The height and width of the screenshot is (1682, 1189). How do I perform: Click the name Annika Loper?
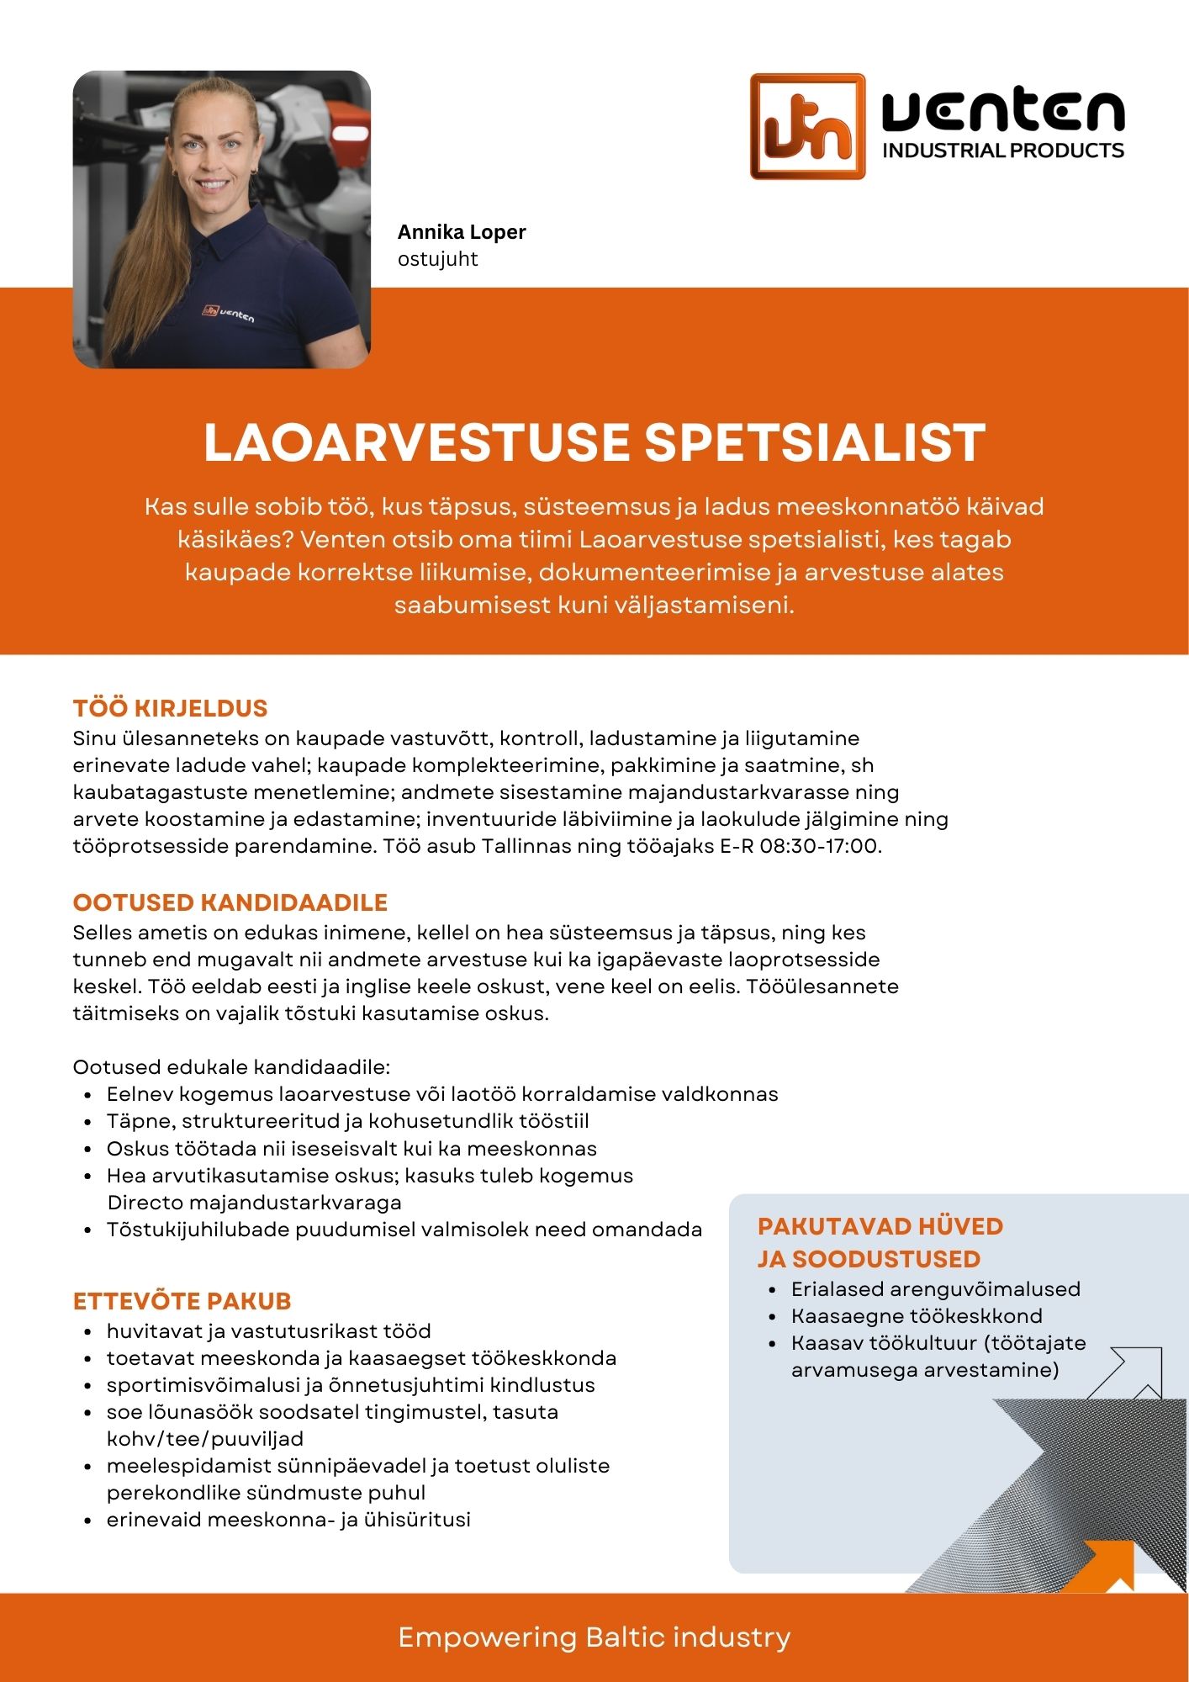click(x=462, y=232)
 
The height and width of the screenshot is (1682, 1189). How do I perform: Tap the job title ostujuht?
click(x=437, y=259)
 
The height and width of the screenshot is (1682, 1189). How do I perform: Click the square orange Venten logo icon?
click(x=807, y=126)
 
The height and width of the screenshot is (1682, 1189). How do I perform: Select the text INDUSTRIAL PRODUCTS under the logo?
click(x=1002, y=151)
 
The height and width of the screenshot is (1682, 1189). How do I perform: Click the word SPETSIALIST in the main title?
click(x=815, y=443)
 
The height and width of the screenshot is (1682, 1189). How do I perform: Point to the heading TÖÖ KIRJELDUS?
click(x=170, y=708)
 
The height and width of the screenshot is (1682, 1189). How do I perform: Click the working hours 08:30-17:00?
click(x=819, y=846)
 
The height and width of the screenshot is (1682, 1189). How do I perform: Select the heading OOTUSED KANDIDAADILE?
click(x=230, y=902)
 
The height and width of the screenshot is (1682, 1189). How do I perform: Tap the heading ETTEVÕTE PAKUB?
click(x=182, y=1301)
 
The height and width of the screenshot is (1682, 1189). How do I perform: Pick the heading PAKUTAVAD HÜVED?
click(x=880, y=1226)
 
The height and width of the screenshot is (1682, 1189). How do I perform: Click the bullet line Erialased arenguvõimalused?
click(x=935, y=1289)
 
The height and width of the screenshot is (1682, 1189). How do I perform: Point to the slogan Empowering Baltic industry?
click(x=594, y=1637)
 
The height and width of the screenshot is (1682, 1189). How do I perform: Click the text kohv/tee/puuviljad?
click(x=204, y=1439)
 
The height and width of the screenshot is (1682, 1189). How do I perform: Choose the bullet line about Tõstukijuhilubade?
click(x=404, y=1230)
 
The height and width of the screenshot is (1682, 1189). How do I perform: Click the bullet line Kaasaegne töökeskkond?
click(x=917, y=1316)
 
